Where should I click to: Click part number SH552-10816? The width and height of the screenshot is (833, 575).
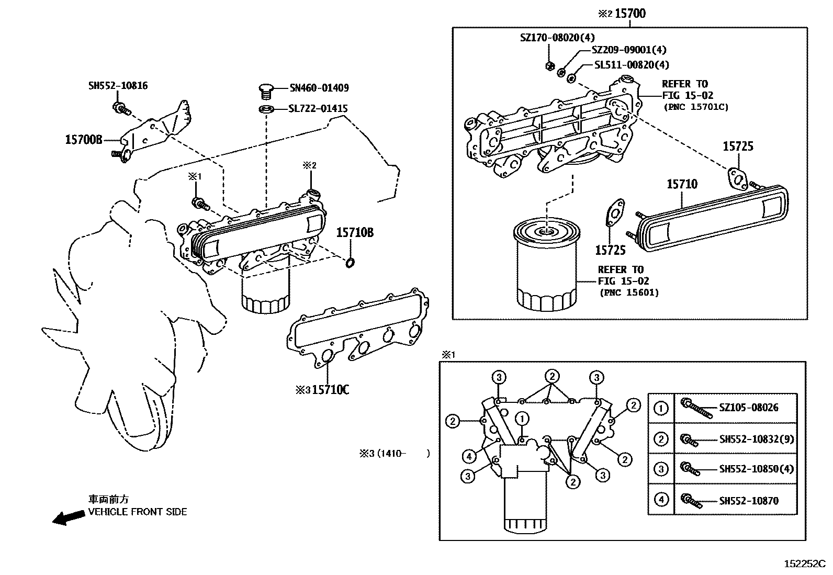118,85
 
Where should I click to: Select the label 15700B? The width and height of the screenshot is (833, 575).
83,140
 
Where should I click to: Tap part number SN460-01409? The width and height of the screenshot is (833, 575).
319,88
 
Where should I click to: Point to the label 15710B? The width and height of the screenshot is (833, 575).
354,233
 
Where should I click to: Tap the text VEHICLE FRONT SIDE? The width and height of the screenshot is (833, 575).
137,512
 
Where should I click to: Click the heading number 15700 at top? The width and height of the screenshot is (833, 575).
629,13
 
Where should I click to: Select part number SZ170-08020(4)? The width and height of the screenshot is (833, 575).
557,38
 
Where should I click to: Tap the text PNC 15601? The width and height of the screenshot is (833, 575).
629,292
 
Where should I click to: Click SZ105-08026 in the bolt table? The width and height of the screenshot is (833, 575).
748,408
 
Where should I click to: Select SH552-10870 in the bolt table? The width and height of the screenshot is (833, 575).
748,501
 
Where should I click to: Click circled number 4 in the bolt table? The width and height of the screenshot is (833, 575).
661,500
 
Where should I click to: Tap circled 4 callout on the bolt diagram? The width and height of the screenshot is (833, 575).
469,457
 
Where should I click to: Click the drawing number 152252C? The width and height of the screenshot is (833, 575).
804,564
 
